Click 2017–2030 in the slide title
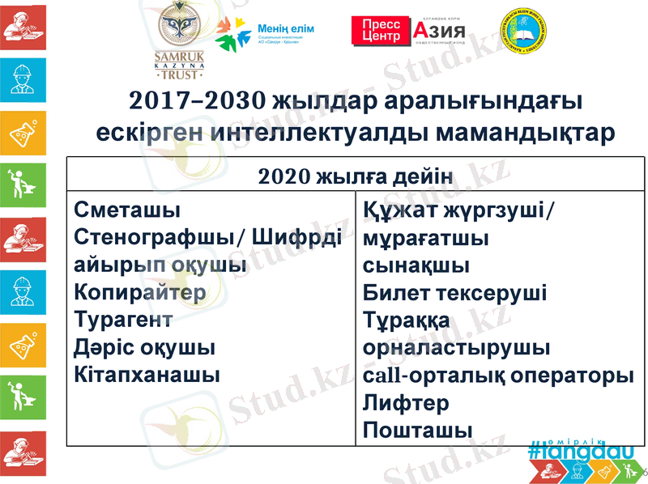click(197, 101)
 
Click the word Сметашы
click(126, 210)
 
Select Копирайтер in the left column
click(140, 292)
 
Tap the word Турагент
click(123, 320)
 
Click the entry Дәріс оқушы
click(144, 348)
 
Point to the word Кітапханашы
click(147, 376)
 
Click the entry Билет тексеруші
click(454, 292)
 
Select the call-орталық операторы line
click(498, 376)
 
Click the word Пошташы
click(417, 430)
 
